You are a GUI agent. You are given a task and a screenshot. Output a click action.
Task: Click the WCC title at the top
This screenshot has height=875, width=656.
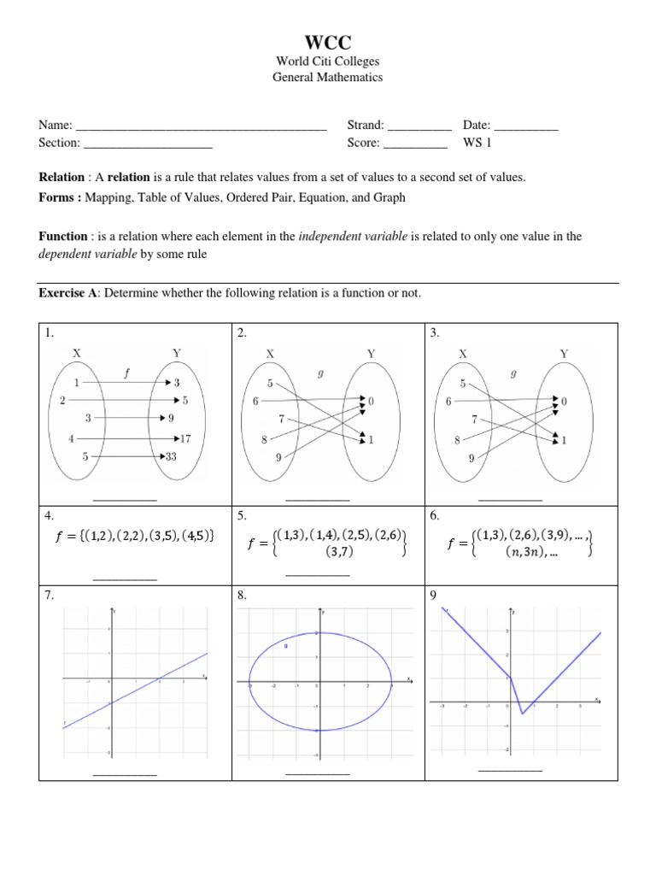point(327,43)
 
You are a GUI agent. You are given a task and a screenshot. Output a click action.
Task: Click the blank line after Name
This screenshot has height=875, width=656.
point(201,127)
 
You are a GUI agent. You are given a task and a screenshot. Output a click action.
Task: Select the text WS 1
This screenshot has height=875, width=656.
point(477,143)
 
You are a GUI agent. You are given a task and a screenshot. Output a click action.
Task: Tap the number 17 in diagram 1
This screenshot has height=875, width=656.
point(185,438)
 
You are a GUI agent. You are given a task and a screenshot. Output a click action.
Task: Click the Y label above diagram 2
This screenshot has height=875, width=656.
point(371,352)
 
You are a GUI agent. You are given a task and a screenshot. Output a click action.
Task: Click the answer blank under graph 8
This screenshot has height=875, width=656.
point(318,774)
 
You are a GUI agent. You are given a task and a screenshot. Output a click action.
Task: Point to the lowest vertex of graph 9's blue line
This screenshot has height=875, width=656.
point(521,713)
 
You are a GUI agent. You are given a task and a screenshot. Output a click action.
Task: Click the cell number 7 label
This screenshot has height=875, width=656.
point(50,596)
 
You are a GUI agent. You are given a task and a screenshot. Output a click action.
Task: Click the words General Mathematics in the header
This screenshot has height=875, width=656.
point(327,77)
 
